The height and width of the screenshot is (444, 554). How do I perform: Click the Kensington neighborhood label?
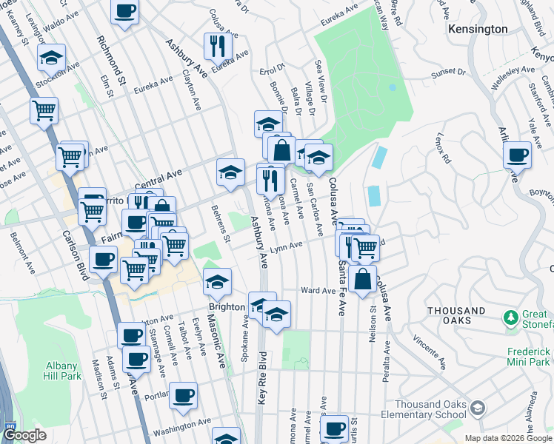click(478, 29)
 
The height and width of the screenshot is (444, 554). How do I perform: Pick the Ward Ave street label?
click(318, 291)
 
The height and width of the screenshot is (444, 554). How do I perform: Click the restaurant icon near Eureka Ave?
click(218, 46)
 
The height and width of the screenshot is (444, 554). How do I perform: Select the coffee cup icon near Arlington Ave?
click(517, 155)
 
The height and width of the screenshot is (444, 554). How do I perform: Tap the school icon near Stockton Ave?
click(50, 57)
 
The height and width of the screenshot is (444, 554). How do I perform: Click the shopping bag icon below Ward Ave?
click(363, 280)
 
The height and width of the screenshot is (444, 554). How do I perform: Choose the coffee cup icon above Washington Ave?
click(183, 394)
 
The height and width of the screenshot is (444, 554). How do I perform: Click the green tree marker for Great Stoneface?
click(510, 317)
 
